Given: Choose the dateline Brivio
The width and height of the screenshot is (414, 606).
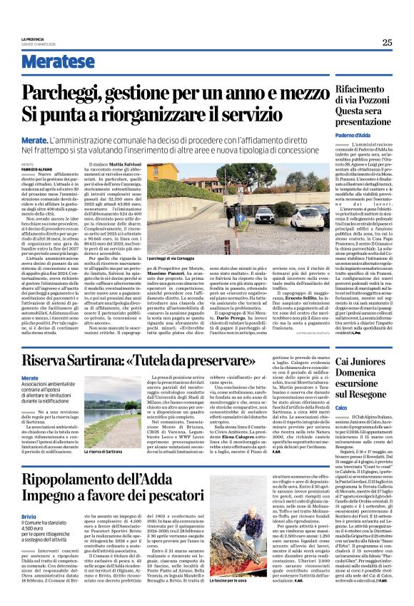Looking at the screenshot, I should click(x=49, y=515).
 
